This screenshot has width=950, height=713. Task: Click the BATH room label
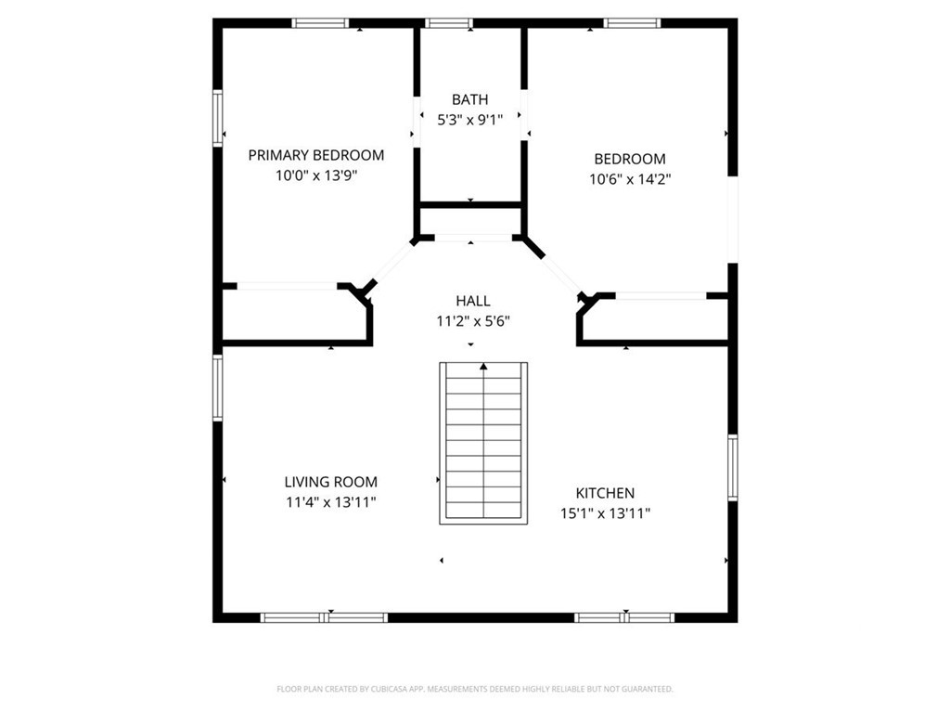469,99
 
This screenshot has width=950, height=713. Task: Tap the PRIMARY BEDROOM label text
316,155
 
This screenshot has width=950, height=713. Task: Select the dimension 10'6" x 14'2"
630,179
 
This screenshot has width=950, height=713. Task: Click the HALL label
473,301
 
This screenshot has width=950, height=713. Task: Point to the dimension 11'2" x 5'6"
473,321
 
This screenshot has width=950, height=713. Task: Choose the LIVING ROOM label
331,482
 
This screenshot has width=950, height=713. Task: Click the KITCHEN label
605,493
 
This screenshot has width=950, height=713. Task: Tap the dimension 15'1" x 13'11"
605,513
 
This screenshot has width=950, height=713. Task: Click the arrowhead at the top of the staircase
483,366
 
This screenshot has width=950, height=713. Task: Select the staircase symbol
483,443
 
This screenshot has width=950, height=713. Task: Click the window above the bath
449,23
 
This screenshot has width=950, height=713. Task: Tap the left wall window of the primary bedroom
217,118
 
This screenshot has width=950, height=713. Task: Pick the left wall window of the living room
217,388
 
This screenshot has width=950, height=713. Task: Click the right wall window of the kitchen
733,468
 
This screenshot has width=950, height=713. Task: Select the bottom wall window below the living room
324,617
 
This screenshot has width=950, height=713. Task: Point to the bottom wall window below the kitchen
624,617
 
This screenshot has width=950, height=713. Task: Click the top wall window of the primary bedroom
320,23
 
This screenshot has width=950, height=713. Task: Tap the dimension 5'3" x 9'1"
470,120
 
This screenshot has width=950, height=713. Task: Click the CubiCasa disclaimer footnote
475,689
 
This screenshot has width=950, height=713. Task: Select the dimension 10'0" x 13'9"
316,175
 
